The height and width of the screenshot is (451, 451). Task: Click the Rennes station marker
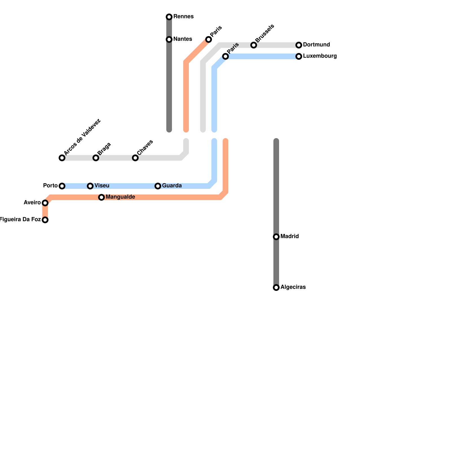[169, 17]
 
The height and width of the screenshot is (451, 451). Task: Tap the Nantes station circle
[169, 39]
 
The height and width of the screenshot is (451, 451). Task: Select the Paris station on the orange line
[209, 39]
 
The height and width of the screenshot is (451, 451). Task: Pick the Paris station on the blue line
[225, 56]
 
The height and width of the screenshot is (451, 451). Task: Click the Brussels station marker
[254, 45]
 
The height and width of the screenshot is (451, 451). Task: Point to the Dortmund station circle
[299, 45]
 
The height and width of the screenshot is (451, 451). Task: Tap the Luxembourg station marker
[299, 56]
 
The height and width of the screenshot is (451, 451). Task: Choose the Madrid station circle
[276, 237]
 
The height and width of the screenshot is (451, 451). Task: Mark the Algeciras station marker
[276, 288]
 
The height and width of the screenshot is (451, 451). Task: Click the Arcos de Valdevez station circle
[62, 158]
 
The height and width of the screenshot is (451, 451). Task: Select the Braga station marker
[96, 158]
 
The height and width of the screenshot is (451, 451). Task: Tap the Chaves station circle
[135, 158]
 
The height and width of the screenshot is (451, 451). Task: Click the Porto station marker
[62, 186]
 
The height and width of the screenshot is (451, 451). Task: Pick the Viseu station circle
[90, 186]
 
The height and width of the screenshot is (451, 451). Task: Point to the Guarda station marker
[158, 186]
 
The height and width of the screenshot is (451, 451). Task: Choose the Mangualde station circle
[101, 197]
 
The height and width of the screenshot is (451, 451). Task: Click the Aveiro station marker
[45, 203]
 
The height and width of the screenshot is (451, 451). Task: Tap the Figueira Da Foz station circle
[45, 220]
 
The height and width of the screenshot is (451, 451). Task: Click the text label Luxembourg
[320, 56]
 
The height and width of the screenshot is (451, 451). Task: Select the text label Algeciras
[293, 287]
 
